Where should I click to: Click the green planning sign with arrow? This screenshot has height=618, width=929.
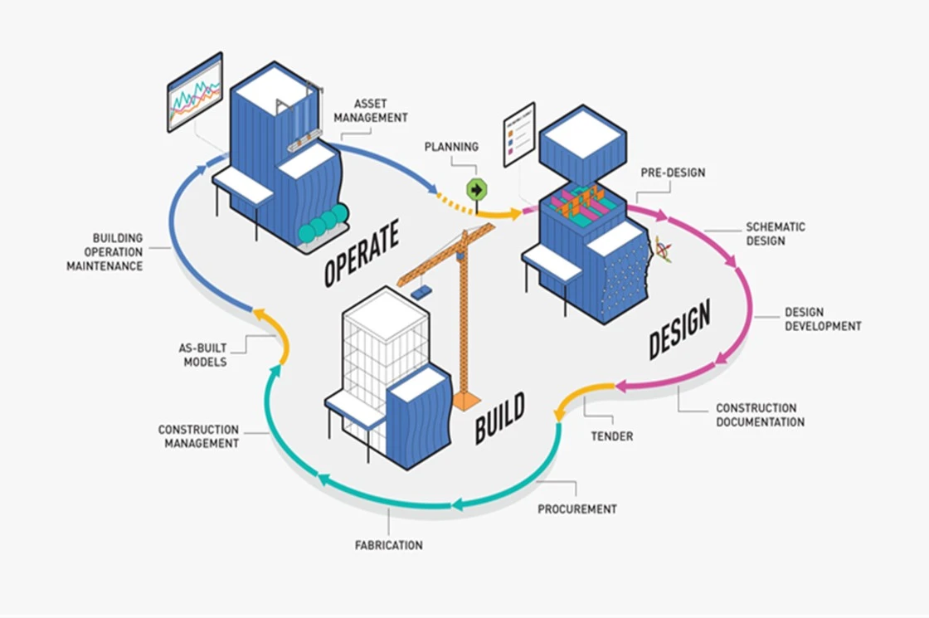tap(476, 189)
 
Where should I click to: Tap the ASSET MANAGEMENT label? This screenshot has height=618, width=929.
tap(370, 111)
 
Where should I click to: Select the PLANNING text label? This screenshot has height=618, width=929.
tap(451, 147)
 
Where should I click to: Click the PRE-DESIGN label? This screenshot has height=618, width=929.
tap(673, 173)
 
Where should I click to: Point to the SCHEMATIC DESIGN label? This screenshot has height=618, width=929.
tap(775, 234)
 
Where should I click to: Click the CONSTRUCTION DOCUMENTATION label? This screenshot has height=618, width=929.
tap(760, 416)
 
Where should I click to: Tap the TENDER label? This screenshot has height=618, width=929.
tap(611, 436)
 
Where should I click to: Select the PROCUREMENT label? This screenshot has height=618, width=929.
tap(576, 509)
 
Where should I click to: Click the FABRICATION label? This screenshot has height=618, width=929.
tap(388, 545)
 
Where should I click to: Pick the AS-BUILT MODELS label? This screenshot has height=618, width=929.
tap(202, 355)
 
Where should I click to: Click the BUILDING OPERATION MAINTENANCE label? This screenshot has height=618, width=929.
tap(105, 252)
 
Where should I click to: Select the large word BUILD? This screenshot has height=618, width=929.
tap(499, 419)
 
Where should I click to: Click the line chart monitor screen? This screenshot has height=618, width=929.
tap(195, 92)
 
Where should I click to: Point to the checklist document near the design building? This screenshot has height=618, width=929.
tap(518, 134)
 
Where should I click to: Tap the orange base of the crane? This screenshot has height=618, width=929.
tap(465, 401)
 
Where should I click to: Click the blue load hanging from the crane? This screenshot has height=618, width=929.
tap(421, 292)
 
